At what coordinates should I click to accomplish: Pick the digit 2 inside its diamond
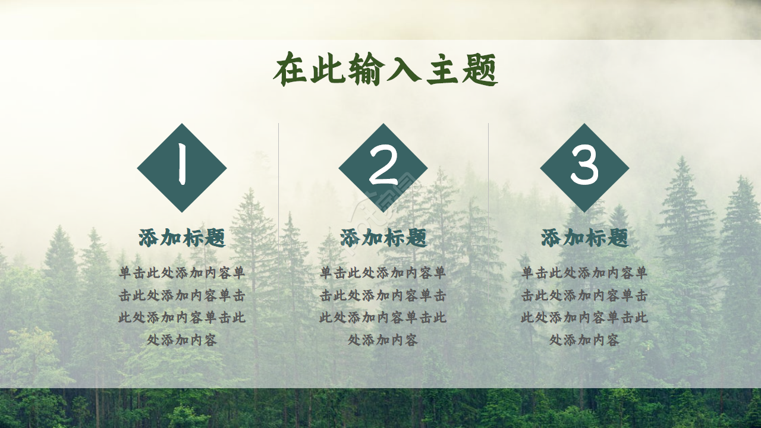point(383,166)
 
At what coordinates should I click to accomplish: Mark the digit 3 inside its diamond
point(584,166)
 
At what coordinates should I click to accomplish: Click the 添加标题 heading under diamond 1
point(182,238)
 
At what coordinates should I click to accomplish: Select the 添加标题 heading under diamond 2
point(383,238)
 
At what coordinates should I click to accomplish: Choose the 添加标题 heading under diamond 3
point(584,238)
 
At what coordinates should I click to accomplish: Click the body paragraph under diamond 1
point(182,306)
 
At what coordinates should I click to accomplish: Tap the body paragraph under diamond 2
point(383,306)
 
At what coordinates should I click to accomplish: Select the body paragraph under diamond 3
point(584,306)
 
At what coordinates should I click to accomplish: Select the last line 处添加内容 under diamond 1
point(182,340)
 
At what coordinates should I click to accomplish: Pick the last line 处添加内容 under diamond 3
point(584,340)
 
